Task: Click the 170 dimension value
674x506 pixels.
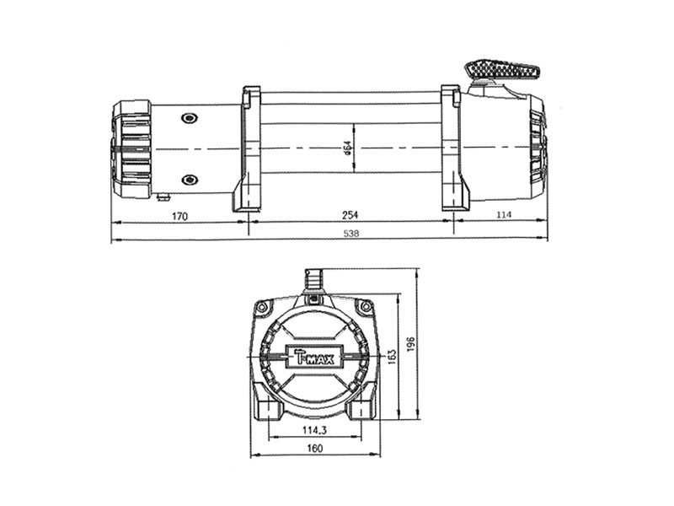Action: click(x=179, y=216)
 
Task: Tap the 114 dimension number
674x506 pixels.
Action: click(x=503, y=216)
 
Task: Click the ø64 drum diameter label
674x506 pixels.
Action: click(x=347, y=149)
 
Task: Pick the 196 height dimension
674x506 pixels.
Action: click(x=411, y=346)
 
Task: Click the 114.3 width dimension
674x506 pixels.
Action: click(x=314, y=430)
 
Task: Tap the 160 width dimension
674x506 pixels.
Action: click(x=314, y=449)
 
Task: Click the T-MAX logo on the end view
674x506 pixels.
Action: click(x=314, y=357)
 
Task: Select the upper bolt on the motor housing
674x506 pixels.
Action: click(x=190, y=117)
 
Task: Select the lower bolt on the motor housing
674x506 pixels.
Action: click(x=190, y=180)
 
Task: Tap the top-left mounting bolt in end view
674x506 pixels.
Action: click(x=263, y=306)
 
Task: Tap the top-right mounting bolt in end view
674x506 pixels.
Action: click(x=366, y=307)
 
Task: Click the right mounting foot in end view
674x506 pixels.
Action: click(x=361, y=409)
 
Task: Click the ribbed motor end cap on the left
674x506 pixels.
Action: click(x=131, y=149)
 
